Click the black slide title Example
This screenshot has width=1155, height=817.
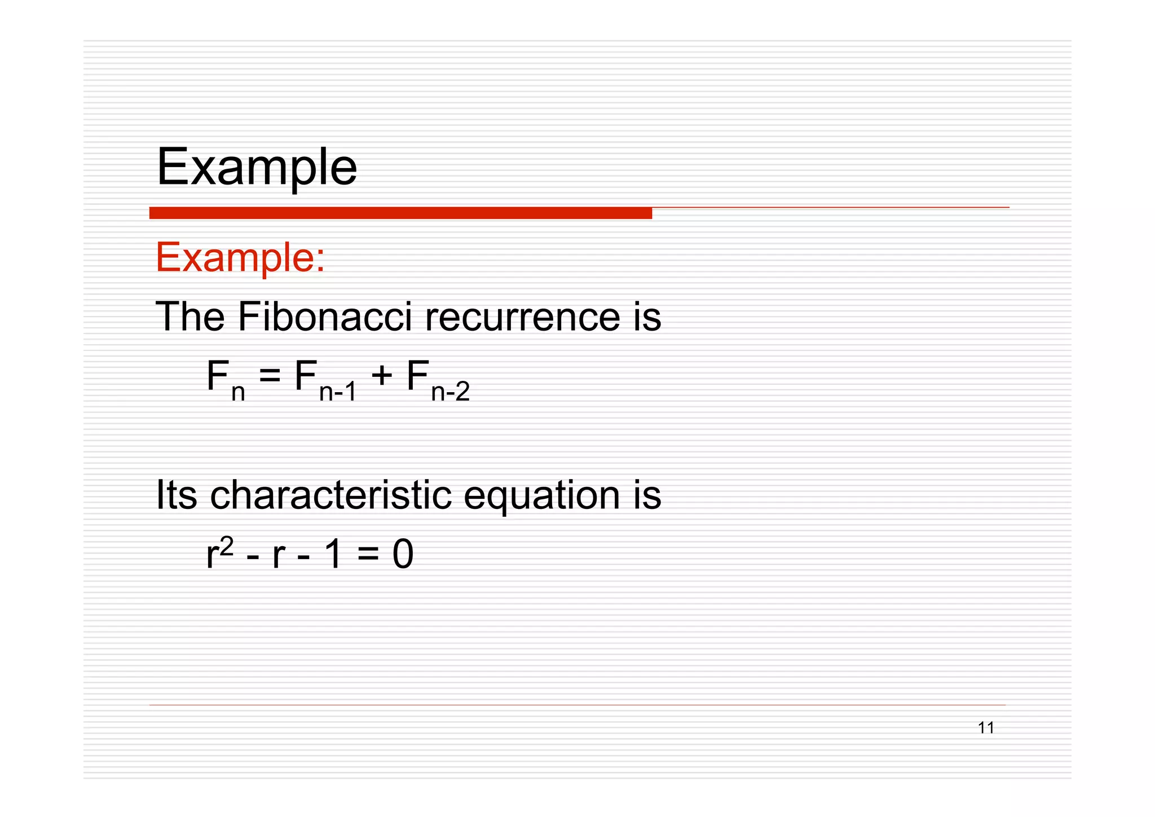coord(257,168)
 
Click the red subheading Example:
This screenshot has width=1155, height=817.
coord(240,258)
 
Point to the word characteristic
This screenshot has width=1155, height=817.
coord(330,495)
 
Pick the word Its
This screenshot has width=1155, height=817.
coord(176,495)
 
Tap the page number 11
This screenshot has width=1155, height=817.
coord(986,728)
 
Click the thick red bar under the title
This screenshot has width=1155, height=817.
coord(400,213)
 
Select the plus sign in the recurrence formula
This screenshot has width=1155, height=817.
coord(382,376)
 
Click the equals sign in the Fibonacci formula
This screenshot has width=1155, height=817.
coord(270,376)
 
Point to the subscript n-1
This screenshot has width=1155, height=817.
coord(338,392)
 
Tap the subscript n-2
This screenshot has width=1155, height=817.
coord(450,392)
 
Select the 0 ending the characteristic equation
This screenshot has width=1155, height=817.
coord(403,555)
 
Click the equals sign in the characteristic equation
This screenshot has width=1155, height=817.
coord(368,555)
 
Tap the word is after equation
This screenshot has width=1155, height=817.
coord(647,495)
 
